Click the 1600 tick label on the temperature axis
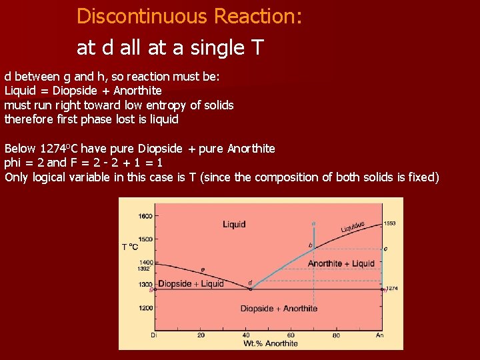pos(145,215)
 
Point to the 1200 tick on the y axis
pos(145,308)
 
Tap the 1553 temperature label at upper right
pos(390,223)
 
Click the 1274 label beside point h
pos(393,289)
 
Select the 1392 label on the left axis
pos(143,269)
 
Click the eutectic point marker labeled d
pos(250,289)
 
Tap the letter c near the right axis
pos(385,248)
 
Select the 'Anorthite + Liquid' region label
pos(341,263)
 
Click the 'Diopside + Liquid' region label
pos(191,283)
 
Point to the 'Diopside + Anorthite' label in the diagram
pos(279,308)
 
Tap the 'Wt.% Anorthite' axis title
pos(270,343)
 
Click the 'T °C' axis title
pos(131,247)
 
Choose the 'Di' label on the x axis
pos(154,335)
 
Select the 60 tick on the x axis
pos(291,335)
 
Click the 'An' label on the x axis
pos(380,335)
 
